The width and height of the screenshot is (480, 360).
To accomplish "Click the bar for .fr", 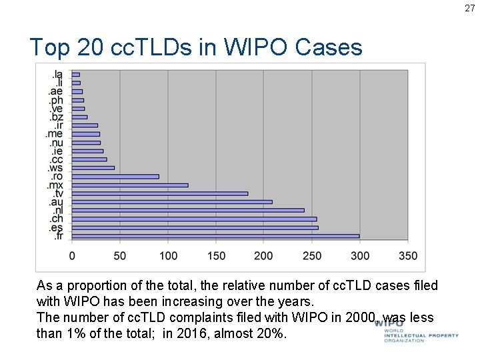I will coord(215,236).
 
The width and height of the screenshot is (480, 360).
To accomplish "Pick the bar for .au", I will coord(172,201).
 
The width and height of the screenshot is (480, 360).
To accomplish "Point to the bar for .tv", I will coord(159,193).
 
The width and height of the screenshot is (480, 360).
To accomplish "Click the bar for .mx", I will coord(129,185).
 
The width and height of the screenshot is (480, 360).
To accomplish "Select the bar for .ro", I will coord(115,176).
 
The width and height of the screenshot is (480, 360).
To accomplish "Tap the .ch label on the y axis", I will coord(56,219).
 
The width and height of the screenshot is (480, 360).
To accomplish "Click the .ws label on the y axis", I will coord(55,168).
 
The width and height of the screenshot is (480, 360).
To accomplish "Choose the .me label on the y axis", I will coord(55,134).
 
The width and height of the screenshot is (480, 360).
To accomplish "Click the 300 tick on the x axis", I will coord(360,256).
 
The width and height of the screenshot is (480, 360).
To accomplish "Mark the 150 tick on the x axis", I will coord(216,256).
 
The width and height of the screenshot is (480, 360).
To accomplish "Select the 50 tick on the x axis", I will coord(120,256).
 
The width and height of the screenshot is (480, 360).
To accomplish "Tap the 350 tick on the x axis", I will coord(408,256).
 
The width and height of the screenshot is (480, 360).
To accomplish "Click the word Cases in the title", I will coord(328,47).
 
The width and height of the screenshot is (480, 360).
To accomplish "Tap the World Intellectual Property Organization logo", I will coord(416,331).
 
